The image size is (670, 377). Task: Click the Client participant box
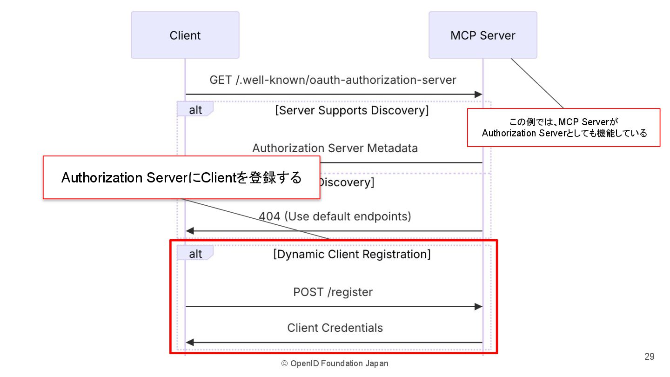(185, 35)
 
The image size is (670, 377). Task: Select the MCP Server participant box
(483, 35)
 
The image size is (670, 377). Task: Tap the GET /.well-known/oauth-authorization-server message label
(333, 80)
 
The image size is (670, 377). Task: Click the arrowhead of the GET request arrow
(478, 94)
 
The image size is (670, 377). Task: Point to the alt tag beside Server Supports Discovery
(195, 109)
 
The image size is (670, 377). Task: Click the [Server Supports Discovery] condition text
(352, 110)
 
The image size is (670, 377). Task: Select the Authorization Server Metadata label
(335, 148)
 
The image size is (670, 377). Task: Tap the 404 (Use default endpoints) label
(335, 216)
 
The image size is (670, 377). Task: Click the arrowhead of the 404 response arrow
(190, 231)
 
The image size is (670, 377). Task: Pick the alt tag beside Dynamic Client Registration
(195, 253)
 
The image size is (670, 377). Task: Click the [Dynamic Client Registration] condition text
(352, 254)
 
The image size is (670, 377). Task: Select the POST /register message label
(333, 292)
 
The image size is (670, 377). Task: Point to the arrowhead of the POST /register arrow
(478, 307)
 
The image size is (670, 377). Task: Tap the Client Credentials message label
(335, 328)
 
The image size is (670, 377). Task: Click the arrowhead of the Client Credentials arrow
(190, 343)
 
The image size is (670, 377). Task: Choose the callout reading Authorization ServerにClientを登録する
(181, 177)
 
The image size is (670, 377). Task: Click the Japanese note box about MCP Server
(563, 128)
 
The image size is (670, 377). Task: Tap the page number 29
(650, 357)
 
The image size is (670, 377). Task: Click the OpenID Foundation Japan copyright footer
(335, 364)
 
